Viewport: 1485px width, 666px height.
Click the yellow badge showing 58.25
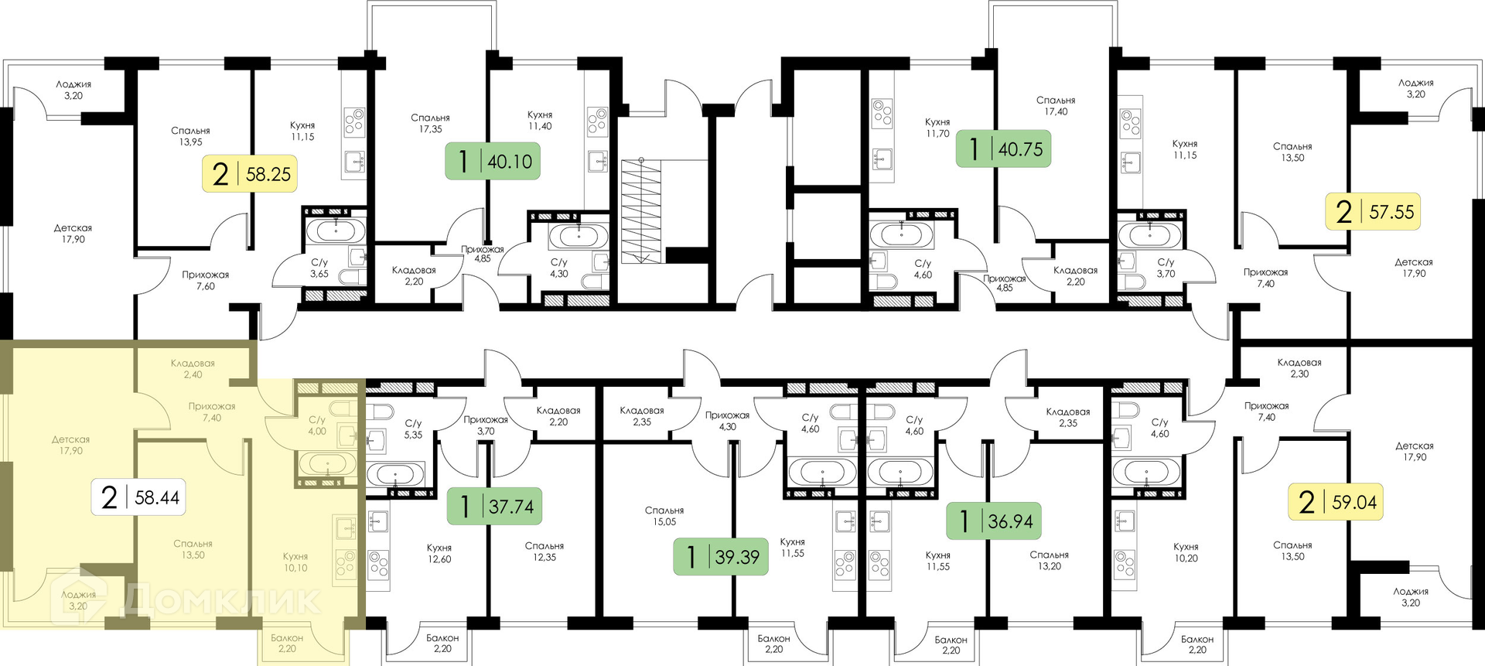coord(250,173)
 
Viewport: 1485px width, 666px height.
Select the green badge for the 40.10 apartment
coord(493,161)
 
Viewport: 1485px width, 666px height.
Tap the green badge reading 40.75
coord(1003,149)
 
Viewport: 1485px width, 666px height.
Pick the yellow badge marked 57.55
coord(1373,211)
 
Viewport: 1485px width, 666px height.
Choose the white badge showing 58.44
coord(139,497)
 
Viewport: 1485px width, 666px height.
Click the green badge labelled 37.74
coord(494,506)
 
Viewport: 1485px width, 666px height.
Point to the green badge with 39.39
coord(721,556)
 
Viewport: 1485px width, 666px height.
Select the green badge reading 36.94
coord(994,521)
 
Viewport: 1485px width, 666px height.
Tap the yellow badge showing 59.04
coord(1336,501)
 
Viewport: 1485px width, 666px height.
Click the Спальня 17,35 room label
coord(431,123)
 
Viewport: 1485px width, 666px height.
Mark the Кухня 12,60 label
coord(439,553)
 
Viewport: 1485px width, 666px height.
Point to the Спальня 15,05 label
coord(664,516)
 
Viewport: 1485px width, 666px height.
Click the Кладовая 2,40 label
coord(193,369)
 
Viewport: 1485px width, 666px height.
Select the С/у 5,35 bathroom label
coord(414,429)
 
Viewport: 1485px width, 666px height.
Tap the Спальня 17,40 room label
coord(1056,106)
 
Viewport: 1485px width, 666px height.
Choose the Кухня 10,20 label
coord(1186,552)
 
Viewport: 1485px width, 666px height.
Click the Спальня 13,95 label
coord(190,136)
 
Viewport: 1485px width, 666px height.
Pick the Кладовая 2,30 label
coord(1299,367)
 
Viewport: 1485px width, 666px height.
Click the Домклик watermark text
coord(222,599)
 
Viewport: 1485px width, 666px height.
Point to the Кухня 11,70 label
coord(937,128)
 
